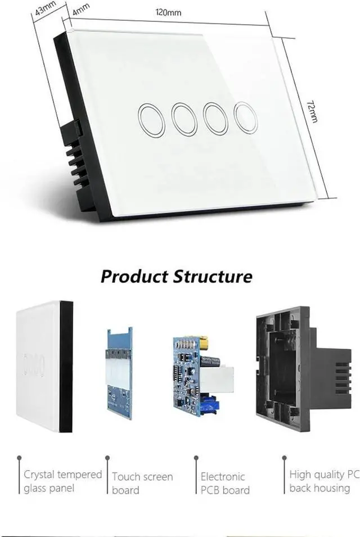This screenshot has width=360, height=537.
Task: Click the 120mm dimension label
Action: pyautogui.click(x=169, y=13)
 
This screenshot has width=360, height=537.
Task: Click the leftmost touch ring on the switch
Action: pyautogui.click(x=151, y=120)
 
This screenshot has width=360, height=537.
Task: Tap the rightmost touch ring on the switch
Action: pyautogui.click(x=245, y=118)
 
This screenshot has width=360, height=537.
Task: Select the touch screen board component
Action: pyautogui.click(x=119, y=373)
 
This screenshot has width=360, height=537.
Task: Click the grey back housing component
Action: pyautogui.click(x=287, y=368)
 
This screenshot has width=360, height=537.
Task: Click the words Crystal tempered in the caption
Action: pyautogui.click(x=62, y=475)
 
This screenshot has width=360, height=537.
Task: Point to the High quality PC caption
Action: pyautogui.click(x=324, y=475)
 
